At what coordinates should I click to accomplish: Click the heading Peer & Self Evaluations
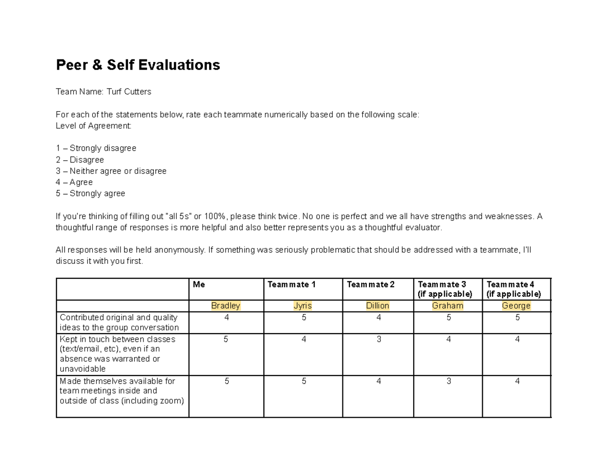click(138, 65)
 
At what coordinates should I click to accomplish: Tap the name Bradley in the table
click(225, 306)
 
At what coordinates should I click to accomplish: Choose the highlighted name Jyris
click(302, 306)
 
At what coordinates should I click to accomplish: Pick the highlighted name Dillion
click(378, 306)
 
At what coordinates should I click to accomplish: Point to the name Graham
click(447, 306)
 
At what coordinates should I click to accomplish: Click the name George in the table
click(516, 306)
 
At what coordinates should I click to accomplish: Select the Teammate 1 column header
click(292, 284)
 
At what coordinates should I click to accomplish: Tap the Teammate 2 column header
click(371, 284)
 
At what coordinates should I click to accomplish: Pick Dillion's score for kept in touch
click(379, 339)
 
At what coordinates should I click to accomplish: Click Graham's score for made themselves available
click(448, 381)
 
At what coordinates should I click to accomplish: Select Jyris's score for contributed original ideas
click(303, 318)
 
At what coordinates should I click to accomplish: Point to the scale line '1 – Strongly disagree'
click(96, 148)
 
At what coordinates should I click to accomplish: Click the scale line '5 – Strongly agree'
click(90, 194)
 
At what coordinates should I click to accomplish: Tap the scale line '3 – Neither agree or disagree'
click(111, 171)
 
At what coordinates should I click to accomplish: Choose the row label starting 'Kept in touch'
click(117, 354)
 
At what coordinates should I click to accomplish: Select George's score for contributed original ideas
click(518, 318)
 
